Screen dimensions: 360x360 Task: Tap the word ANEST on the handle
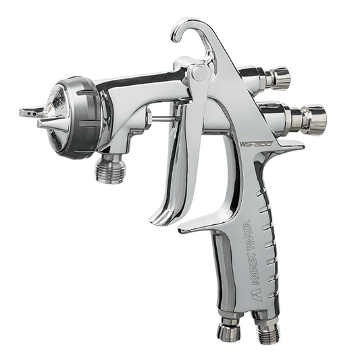coord(242,261)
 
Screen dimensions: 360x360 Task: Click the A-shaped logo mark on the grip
coord(236,284)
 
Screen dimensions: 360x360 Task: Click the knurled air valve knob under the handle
coord(230,330)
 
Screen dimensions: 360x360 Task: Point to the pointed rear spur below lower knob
coord(298,146)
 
